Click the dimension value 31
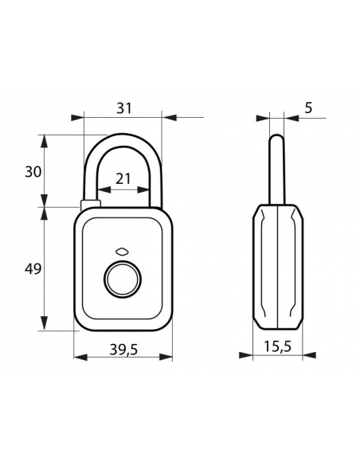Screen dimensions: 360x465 (124, 108)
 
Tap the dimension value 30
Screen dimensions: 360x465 (33, 172)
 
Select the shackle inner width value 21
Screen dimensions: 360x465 (123, 179)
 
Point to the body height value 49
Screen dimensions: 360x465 (33, 269)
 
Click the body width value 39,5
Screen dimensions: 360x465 (123, 350)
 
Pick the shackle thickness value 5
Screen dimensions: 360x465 (309, 108)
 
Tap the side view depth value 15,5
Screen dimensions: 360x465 (278, 346)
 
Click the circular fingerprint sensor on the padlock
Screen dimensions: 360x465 (123, 280)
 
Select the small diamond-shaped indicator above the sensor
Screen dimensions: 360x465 (122, 252)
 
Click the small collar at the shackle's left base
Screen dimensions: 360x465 (91, 204)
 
